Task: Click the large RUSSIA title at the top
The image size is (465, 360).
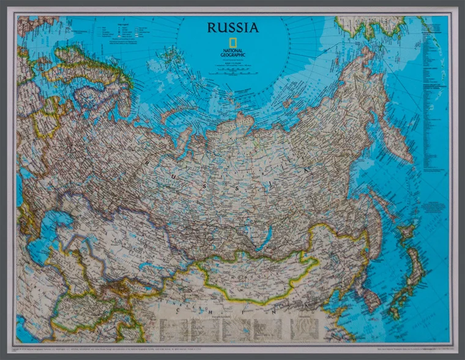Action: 232,28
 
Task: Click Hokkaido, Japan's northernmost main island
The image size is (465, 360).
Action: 407,235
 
